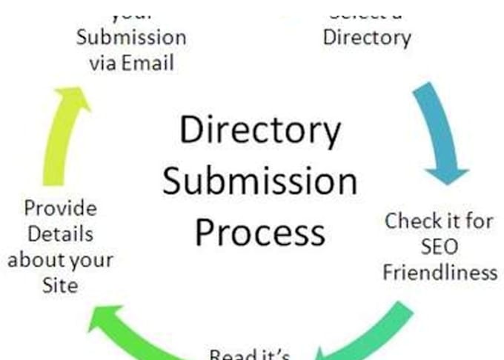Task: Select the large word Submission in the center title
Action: tap(259, 181)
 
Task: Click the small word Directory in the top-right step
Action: tap(367, 36)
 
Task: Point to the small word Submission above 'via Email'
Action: tap(131, 36)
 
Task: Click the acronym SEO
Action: tap(439, 246)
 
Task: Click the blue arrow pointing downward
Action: tap(438, 133)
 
